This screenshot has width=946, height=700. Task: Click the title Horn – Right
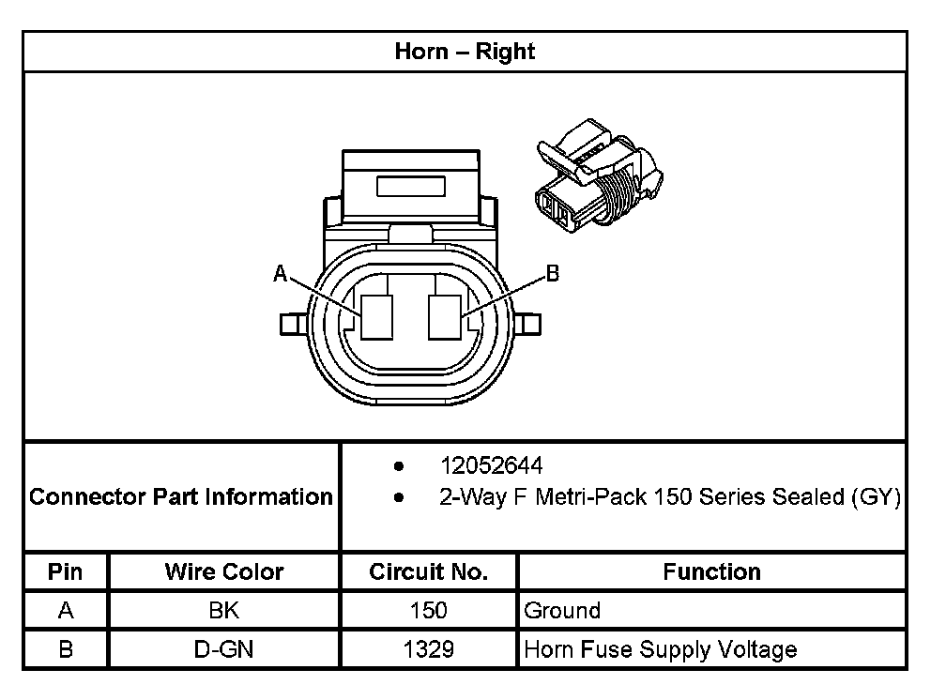(x=465, y=51)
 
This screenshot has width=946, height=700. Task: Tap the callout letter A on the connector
(x=279, y=273)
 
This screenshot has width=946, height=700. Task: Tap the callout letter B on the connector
(x=553, y=273)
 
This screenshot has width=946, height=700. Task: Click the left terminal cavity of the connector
(x=379, y=316)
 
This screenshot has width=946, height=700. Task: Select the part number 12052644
(x=491, y=466)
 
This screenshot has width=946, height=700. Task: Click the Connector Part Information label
(x=181, y=496)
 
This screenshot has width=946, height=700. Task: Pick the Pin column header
(x=66, y=571)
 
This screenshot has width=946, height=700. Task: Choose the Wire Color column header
(x=224, y=571)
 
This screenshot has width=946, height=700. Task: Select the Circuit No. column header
(x=428, y=571)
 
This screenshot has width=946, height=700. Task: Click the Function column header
(x=711, y=571)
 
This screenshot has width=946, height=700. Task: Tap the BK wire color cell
(x=224, y=611)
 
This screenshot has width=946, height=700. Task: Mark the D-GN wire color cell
(x=224, y=649)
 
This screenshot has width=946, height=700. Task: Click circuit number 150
(x=428, y=611)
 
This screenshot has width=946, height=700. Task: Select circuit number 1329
(x=428, y=649)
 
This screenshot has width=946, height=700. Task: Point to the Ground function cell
(x=562, y=611)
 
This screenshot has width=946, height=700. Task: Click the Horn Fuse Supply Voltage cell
(x=661, y=649)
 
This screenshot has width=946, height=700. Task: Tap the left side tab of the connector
(x=291, y=324)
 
